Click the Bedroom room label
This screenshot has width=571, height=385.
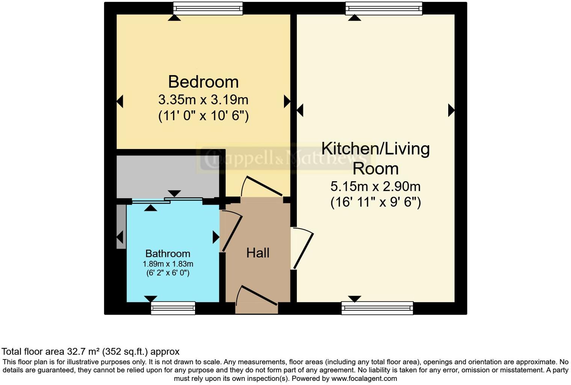tap(203, 82)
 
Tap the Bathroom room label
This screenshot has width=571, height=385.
tap(168, 254)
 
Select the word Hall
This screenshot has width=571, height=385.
tap(258, 253)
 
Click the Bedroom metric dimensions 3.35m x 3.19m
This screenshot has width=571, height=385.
tap(203, 100)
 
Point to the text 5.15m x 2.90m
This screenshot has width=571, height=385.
tap(375, 186)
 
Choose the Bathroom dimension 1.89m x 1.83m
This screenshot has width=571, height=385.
tap(168, 264)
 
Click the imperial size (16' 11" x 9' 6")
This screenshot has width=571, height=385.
tap(375, 202)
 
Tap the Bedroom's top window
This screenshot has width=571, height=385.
tap(208, 8)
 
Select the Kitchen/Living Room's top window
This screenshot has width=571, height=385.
tap(384, 8)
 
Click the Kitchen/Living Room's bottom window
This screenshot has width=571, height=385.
tap(377, 308)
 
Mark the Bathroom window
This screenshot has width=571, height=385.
tap(173, 308)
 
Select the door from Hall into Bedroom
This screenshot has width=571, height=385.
tap(261, 186)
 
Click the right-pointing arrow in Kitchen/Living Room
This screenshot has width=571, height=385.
tap(451, 110)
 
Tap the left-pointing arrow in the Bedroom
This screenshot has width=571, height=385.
tap(120, 101)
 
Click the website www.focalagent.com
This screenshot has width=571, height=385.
tap(364, 379)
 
